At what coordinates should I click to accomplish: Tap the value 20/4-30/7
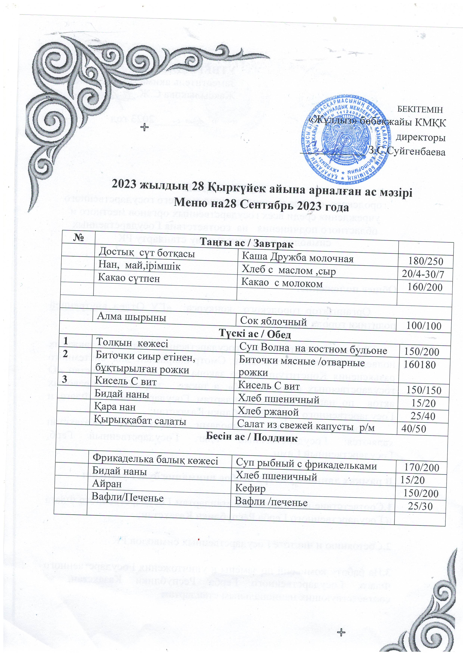(x=423, y=274)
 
